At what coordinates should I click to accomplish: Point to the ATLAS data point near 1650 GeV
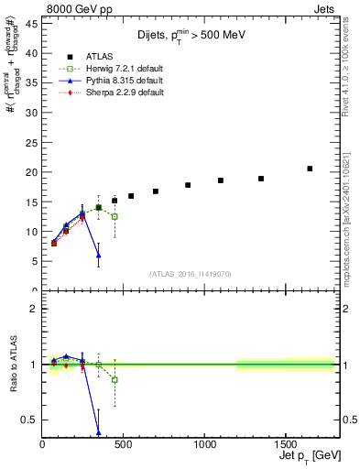tap(310, 169)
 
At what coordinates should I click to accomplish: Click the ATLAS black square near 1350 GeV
tap(261, 179)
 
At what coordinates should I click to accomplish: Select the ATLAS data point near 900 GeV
tap(188, 185)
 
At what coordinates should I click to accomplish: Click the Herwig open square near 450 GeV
tap(115, 216)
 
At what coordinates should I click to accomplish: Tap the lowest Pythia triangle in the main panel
tap(98, 256)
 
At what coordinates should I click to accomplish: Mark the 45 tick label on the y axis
tap(31, 24)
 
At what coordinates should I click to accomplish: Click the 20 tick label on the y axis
tap(31, 172)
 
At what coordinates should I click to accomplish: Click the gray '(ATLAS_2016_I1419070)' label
tap(189, 274)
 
